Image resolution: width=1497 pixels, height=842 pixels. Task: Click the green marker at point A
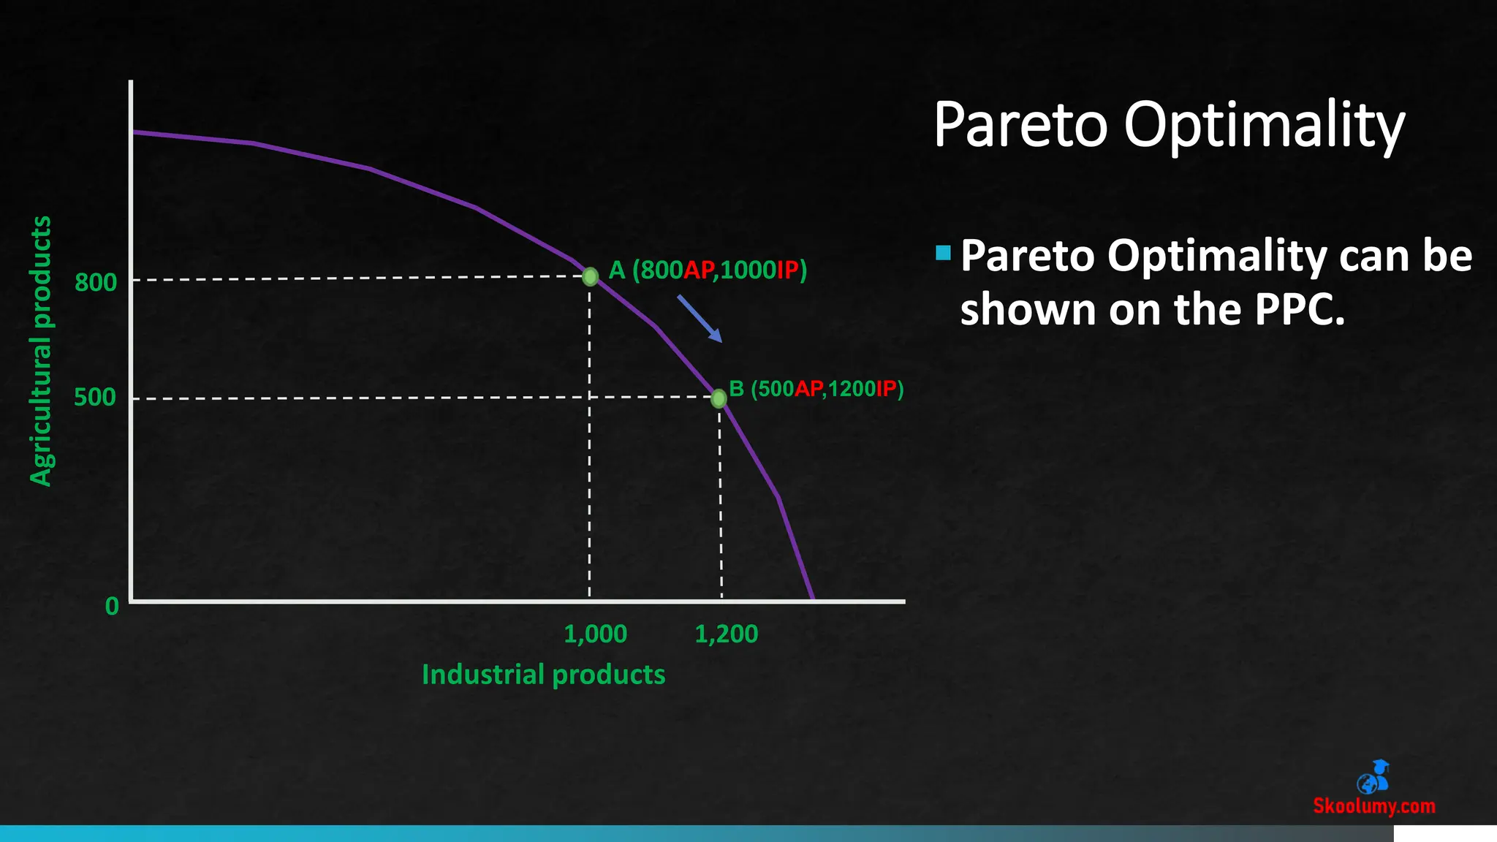coord(591,276)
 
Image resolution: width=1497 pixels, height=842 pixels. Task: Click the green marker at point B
coord(719,398)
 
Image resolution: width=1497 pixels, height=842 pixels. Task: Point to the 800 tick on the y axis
coord(96,282)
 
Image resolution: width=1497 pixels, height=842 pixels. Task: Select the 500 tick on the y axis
coord(95,398)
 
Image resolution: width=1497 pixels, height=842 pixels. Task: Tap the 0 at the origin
coord(112,606)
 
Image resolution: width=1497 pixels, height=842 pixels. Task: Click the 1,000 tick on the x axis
coord(595,634)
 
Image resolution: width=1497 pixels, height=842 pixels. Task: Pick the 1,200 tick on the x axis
coord(726,634)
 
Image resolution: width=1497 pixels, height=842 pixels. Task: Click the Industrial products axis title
coord(543,675)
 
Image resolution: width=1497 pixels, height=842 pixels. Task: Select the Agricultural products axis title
coord(41,351)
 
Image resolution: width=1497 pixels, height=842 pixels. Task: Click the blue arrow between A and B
coord(699,319)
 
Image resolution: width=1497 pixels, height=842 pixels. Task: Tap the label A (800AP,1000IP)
coord(708,270)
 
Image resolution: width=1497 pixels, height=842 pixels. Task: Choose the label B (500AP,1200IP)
coord(816,389)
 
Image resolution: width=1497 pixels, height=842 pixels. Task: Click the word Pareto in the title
coord(1020,125)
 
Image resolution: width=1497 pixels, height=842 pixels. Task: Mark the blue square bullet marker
coord(943,253)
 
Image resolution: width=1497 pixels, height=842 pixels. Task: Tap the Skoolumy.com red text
coord(1373,806)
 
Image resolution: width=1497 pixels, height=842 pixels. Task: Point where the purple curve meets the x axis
coord(813,600)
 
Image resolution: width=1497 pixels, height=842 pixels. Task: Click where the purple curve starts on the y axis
coord(134,132)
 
